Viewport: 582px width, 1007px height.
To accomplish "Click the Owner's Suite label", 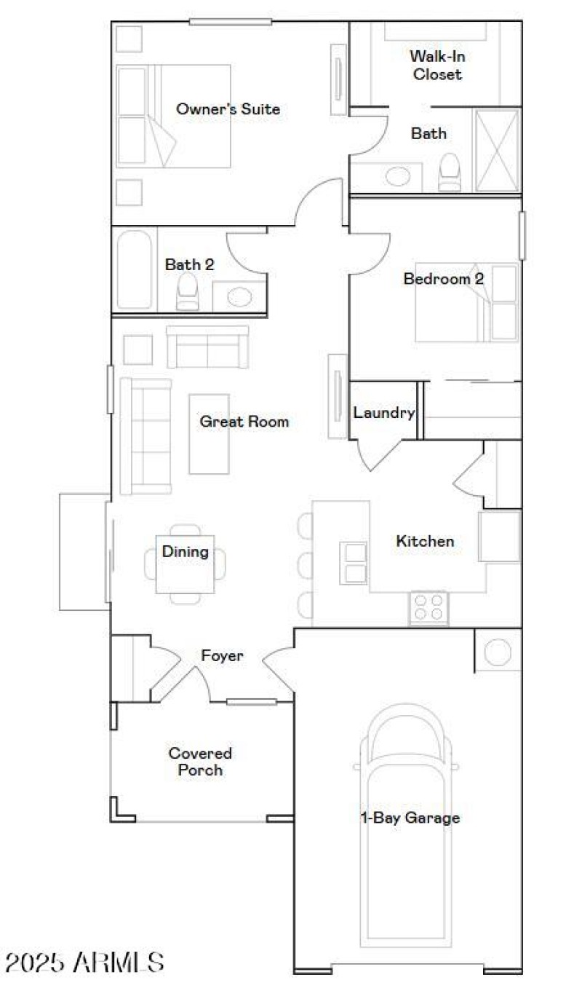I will [x=228, y=109].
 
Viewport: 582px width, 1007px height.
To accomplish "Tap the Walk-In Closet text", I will [x=436, y=65].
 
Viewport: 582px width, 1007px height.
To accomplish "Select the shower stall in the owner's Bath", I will [x=497, y=150].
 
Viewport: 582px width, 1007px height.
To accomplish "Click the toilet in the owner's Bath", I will [x=450, y=173].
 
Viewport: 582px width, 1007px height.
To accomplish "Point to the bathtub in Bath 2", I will [x=135, y=269].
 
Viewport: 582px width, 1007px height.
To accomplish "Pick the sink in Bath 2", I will [x=239, y=296].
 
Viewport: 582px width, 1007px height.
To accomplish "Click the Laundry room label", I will [x=383, y=413].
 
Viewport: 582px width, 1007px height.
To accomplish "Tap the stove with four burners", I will [x=428, y=607].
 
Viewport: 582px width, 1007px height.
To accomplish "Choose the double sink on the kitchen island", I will [x=354, y=563].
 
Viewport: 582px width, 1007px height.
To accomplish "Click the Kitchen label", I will [x=425, y=541].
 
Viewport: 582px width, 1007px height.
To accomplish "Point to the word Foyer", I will [x=222, y=656].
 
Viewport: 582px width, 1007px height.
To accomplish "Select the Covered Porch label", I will [x=200, y=761].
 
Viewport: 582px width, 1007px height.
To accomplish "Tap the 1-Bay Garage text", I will [x=410, y=818].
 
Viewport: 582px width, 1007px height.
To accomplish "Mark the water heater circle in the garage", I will [x=498, y=652].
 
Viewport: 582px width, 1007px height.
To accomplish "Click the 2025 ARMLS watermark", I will [x=84, y=963].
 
